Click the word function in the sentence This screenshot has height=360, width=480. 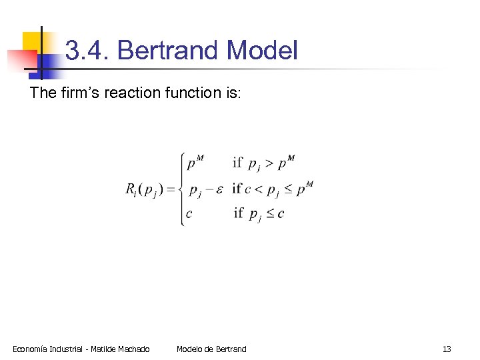coord(191,93)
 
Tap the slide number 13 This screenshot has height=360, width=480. coord(447,349)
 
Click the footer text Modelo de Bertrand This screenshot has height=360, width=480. coord(211,349)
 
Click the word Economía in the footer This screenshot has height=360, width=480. coord(31,349)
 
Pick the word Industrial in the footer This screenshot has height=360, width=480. coord(69,349)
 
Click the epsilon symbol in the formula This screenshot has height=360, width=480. coord(219,189)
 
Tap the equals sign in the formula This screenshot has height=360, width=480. coord(171,189)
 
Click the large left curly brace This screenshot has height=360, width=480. coord(181,189)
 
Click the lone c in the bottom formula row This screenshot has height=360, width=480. coord(189,214)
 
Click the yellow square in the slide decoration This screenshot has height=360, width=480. coord(32,43)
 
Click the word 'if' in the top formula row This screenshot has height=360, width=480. coord(237,163)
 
